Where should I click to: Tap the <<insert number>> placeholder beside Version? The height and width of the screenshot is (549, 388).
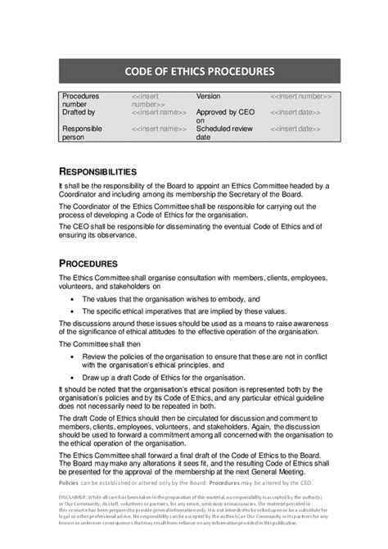click(x=302, y=96)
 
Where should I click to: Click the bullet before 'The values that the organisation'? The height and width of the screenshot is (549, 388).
click(x=73, y=300)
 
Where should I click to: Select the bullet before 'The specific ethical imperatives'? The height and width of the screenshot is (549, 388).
click(x=73, y=312)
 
